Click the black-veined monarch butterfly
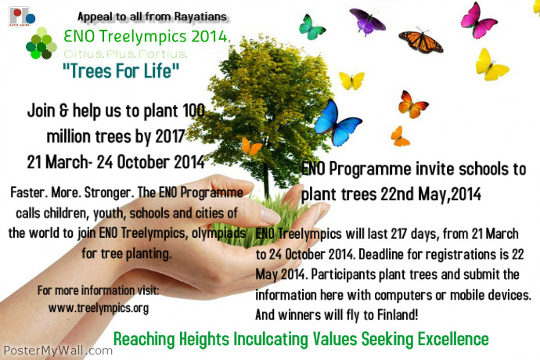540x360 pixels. tap(420, 40)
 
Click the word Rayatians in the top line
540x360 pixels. tap(198, 16)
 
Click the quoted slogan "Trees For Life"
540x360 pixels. tap(121, 73)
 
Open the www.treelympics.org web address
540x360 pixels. tap(98, 308)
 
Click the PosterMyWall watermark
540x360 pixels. tap(56, 351)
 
